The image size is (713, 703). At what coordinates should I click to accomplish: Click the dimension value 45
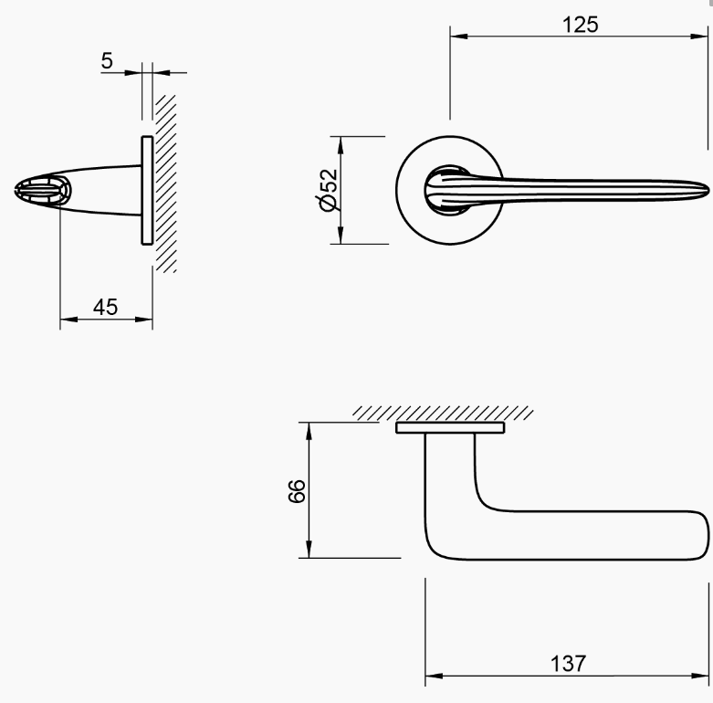coord(106,307)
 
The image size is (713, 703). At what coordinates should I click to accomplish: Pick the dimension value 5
coord(107,61)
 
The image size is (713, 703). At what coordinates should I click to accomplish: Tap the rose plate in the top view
coord(450,427)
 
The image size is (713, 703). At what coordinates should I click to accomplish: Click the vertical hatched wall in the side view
coord(164,183)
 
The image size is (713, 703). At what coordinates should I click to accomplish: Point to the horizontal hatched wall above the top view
coord(443,413)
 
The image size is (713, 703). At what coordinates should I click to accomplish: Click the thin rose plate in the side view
coord(146,191)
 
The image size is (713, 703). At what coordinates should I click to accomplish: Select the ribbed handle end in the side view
coord(41,192)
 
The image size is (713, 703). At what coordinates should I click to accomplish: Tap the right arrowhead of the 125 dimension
coord(702,37)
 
